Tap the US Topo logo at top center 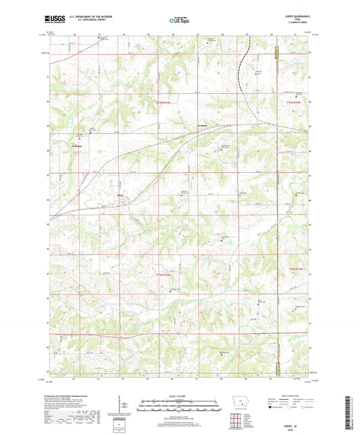179,20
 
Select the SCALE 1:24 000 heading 179,394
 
